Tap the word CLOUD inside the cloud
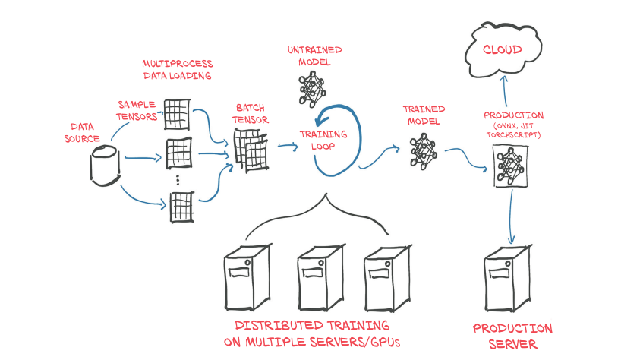point(503,50)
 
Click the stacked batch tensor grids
point(248,149)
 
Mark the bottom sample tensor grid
point(181,207)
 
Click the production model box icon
point(510,166)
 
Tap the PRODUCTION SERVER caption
point(512,336)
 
